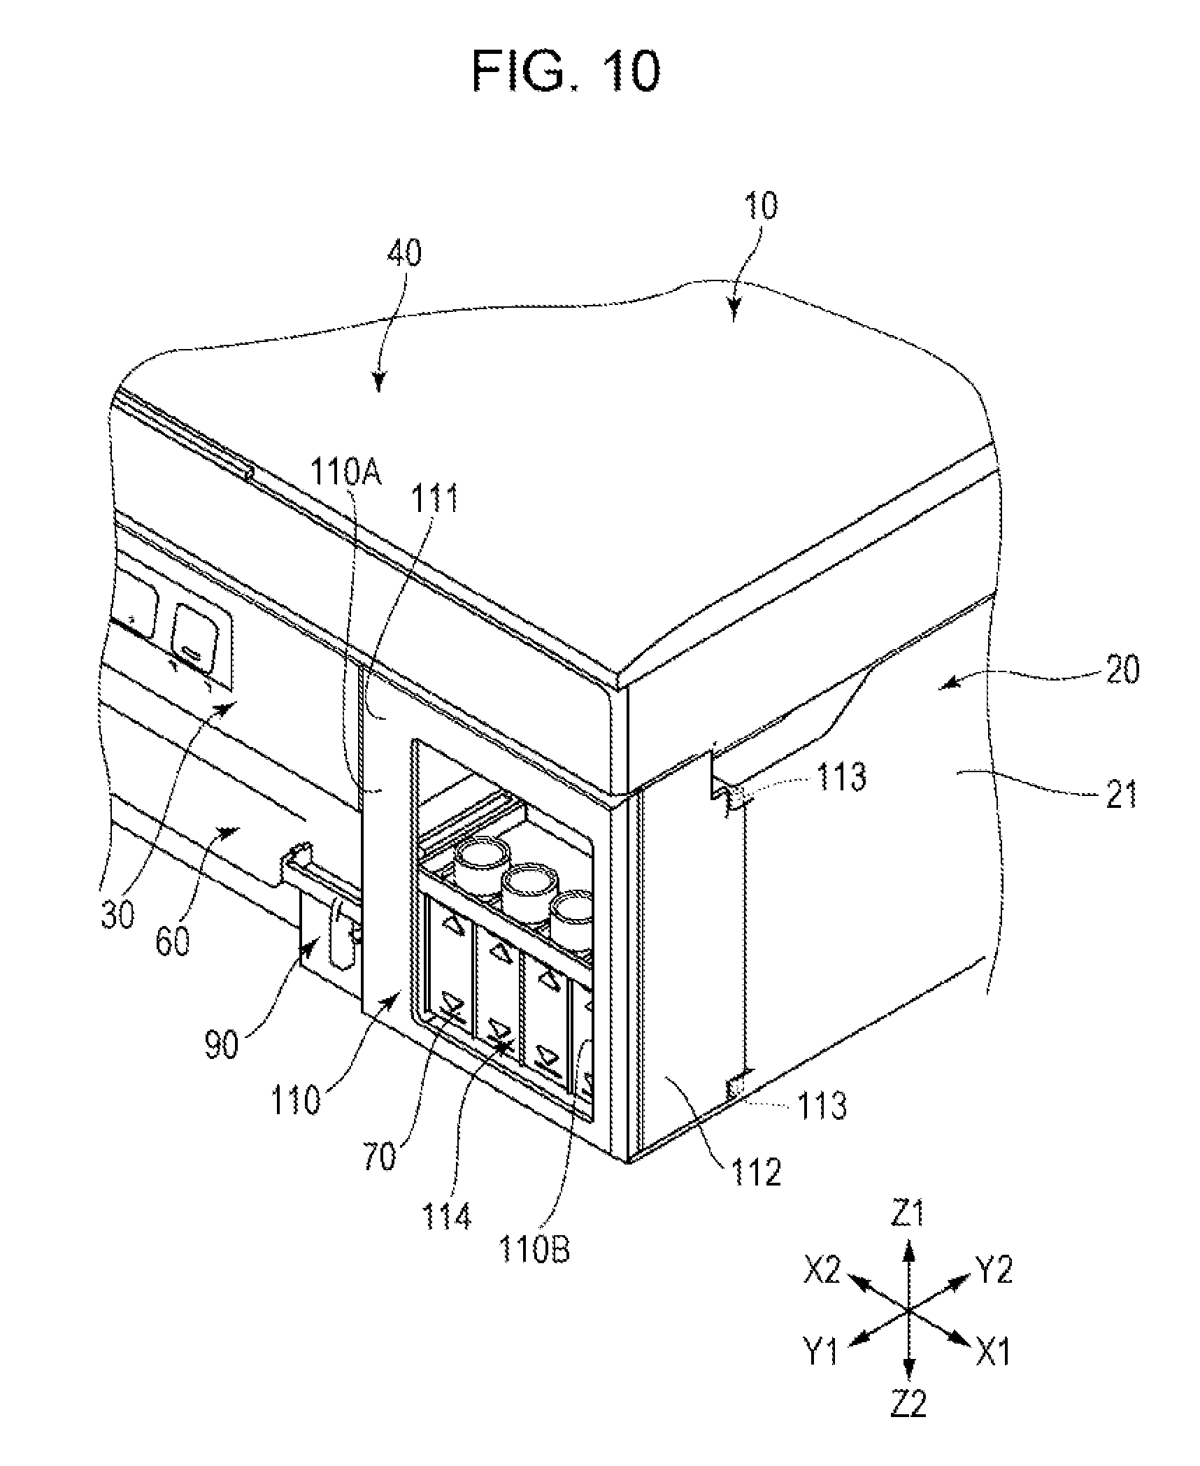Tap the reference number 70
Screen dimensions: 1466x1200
point(380,1156)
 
